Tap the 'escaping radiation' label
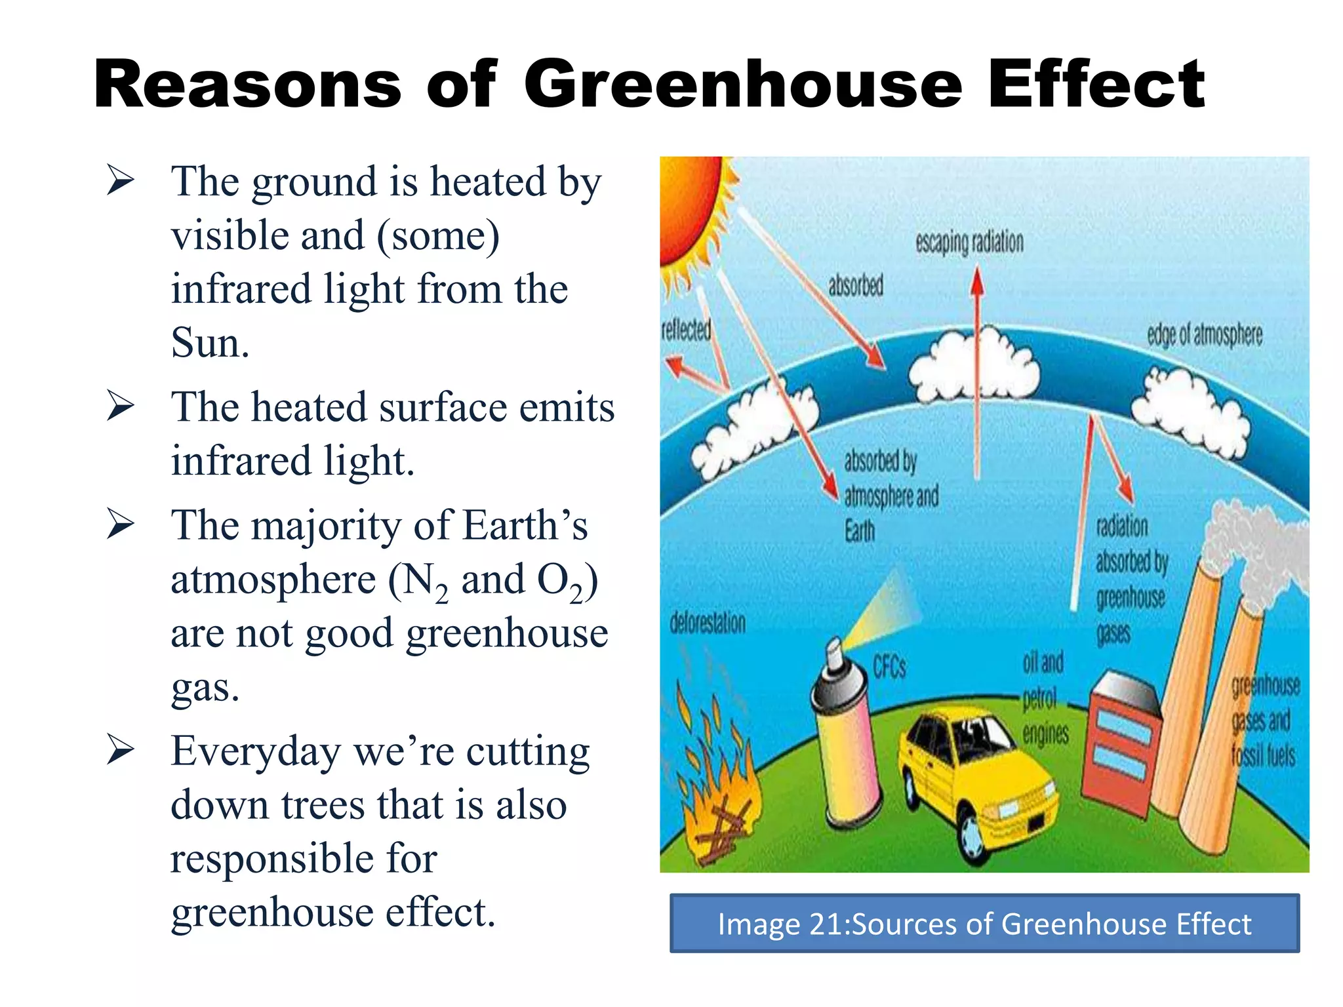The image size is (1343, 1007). pos(969,243)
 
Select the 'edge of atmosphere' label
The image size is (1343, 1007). pos(1204,335)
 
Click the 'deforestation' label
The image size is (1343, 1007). pos(708,623)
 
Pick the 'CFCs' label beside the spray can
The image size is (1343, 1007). pos(889,667)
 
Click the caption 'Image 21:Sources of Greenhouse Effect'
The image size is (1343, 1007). pos(984,924)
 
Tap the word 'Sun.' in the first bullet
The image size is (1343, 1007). pos(210,342)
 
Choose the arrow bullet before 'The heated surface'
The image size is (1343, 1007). pos(121,406)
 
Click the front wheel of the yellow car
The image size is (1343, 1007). pos(974,839)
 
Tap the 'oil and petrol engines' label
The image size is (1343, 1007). pos(1044,698)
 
